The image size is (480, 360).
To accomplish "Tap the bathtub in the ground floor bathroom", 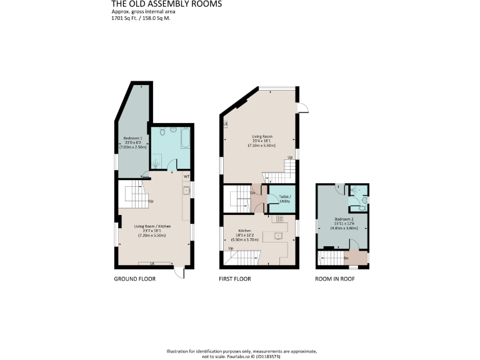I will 186,137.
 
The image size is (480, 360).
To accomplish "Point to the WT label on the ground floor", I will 186,176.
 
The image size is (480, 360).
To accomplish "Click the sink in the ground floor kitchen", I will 186,191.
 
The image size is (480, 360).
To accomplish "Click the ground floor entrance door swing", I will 180,272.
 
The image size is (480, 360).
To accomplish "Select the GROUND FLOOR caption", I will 134,279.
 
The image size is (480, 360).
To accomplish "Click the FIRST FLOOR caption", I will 234,279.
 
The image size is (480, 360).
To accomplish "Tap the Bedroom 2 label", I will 342,219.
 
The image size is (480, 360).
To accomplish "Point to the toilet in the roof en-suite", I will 364,200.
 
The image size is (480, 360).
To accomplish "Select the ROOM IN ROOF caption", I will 334,279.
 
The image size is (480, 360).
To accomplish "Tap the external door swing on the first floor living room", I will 302,107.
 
